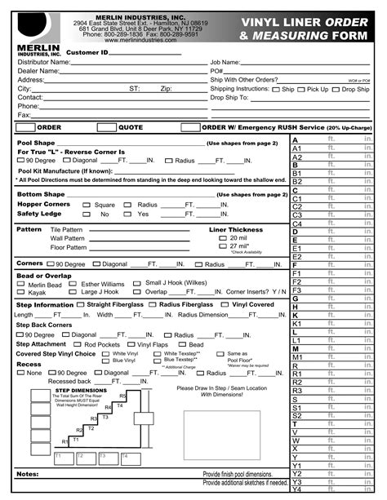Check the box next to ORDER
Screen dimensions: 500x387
25,127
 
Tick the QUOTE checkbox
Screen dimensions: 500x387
106,127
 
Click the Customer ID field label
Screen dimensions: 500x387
87,52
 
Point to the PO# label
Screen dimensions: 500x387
216,71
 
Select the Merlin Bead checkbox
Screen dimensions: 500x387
21,284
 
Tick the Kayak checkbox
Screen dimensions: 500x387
21,292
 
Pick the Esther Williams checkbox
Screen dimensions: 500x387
73,284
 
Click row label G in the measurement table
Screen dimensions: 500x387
295,299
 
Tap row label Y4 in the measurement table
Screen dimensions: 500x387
297,489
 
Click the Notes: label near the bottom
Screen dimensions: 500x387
27,474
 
